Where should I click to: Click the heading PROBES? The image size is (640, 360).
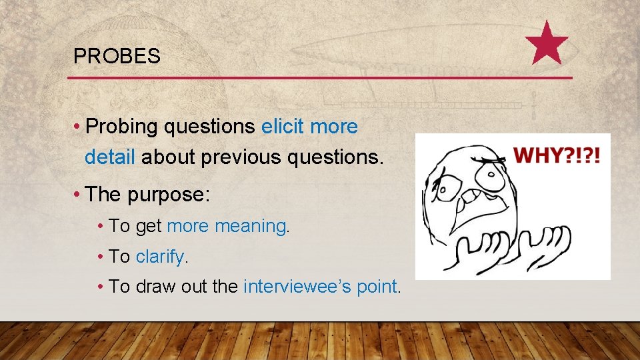(117, 57)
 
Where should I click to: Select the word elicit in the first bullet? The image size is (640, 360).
(283, 127)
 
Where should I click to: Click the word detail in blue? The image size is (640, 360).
(110, 157)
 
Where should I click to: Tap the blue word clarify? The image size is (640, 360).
(162, 256)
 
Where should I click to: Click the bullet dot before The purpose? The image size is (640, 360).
(78, 195)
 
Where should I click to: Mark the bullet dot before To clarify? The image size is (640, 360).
(99, 256)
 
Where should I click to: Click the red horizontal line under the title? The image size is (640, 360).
(320, 78)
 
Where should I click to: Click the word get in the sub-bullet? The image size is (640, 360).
(149, 227)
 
